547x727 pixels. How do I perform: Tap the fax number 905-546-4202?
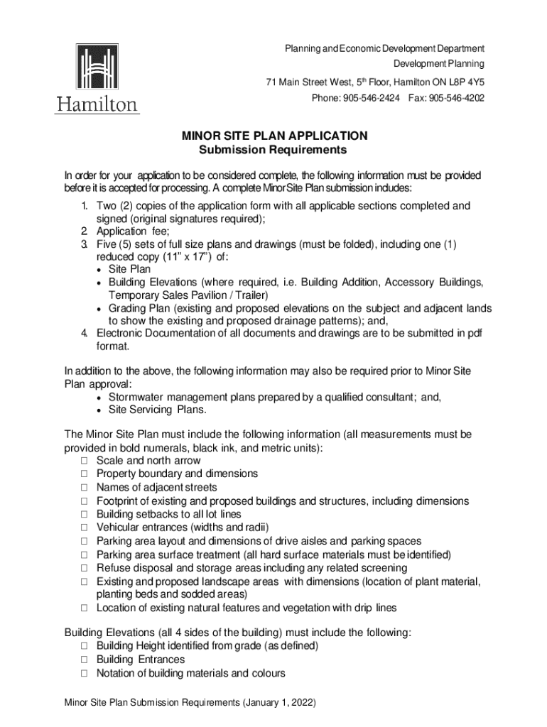pos(457,97)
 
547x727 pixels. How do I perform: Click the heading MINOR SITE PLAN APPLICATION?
pos(273,135)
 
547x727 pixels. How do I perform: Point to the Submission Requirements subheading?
pos(273,150)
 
